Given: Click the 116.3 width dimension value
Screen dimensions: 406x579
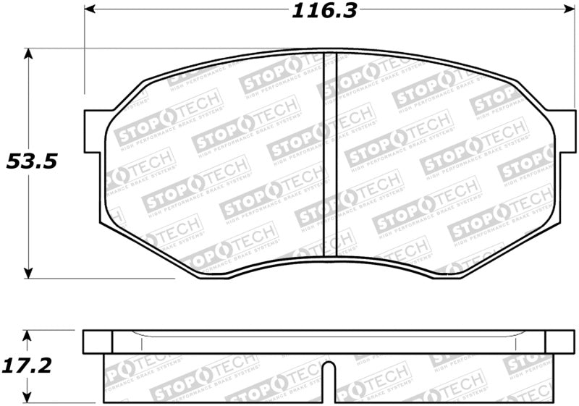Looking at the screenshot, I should point(325,12).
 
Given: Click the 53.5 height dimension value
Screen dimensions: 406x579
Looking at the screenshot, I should point(31,161).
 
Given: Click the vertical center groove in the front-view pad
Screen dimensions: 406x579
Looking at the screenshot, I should point(329,156).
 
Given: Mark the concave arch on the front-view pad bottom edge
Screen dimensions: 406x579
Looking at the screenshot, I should point(329,259).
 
